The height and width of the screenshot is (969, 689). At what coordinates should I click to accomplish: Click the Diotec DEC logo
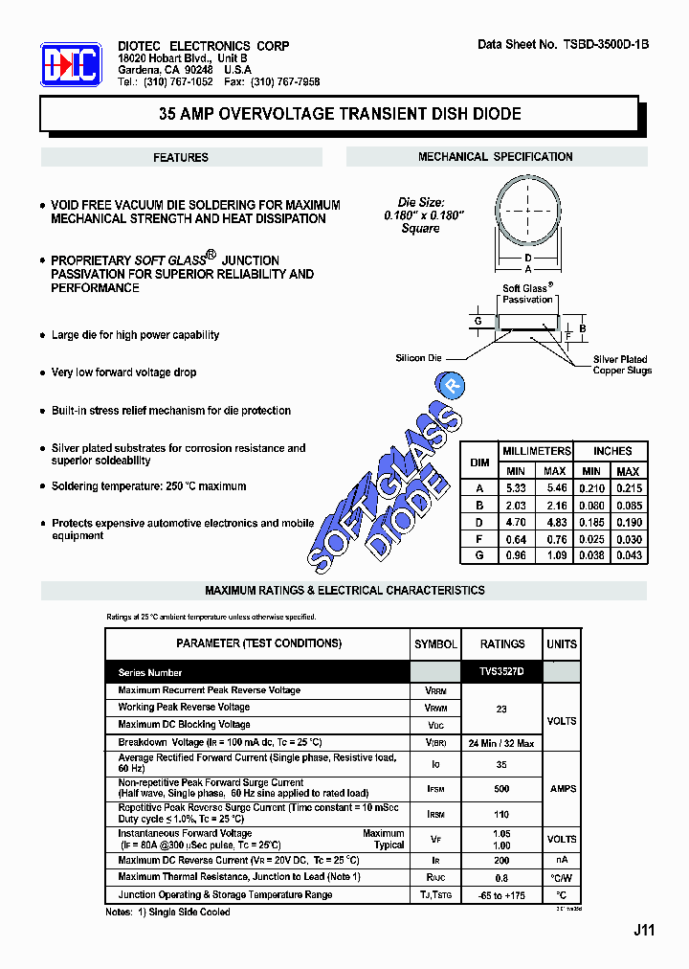[71, 65]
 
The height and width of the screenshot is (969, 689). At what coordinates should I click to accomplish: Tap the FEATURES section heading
[181, 158]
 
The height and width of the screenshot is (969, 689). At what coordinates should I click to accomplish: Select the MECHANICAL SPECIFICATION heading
[495, 157]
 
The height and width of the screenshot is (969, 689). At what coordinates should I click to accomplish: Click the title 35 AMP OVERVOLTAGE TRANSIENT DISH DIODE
[339, 114]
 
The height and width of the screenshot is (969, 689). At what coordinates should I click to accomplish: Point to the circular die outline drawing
[527, 214]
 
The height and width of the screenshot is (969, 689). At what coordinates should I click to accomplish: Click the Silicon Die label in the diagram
[419, 358]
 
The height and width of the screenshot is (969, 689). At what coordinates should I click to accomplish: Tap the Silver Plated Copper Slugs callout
[621, 365]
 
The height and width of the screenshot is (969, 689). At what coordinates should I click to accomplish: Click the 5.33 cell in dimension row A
[515, 488]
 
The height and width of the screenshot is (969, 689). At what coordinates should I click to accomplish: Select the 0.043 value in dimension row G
[627, 556]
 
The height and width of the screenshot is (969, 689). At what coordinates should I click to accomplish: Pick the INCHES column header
[611, 451]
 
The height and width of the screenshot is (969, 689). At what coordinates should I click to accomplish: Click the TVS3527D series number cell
[502, 673]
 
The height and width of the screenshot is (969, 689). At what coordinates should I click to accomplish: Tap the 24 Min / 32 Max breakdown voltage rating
[502, 743]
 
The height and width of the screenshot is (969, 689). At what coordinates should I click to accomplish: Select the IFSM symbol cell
[434, 789]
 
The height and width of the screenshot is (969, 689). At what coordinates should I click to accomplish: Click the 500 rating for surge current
[502, 789]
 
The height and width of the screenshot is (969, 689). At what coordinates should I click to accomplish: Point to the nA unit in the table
[562, 861]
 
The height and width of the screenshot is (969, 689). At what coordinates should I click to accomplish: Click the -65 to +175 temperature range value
[502, 895]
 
